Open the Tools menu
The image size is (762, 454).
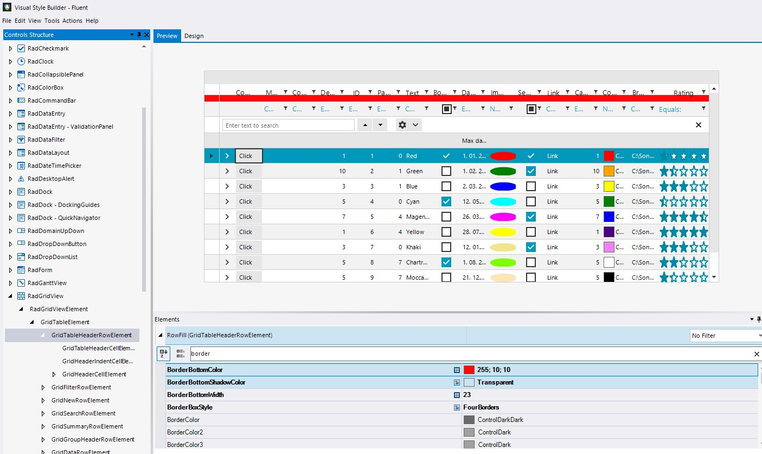tap(52, 21)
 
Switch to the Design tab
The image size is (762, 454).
tap(194, 36)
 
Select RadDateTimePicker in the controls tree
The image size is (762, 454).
tap(54, 166)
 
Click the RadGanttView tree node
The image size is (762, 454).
tap(47, 283)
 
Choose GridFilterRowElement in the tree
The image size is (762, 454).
tap(81, 387)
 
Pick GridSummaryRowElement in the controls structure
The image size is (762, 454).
tap(87, 426)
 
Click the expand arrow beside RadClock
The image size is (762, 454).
tap(10, 61)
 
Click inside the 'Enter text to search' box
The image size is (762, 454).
tap(288, 125)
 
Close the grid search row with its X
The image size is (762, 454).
tap(698, 125)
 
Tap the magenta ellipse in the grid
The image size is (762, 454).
tap(503, 217)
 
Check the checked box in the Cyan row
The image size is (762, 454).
tap(446, 201)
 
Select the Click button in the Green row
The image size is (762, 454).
tap(248, 171)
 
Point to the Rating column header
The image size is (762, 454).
tap(683, 93)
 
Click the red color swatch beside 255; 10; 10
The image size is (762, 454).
tap(469, 370)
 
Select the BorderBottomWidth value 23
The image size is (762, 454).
tap(467, 395)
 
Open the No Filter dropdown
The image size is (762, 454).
tap(725, 336)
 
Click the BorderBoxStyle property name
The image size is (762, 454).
tap(190, 407)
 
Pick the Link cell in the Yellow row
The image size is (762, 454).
tap(552, 232)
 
